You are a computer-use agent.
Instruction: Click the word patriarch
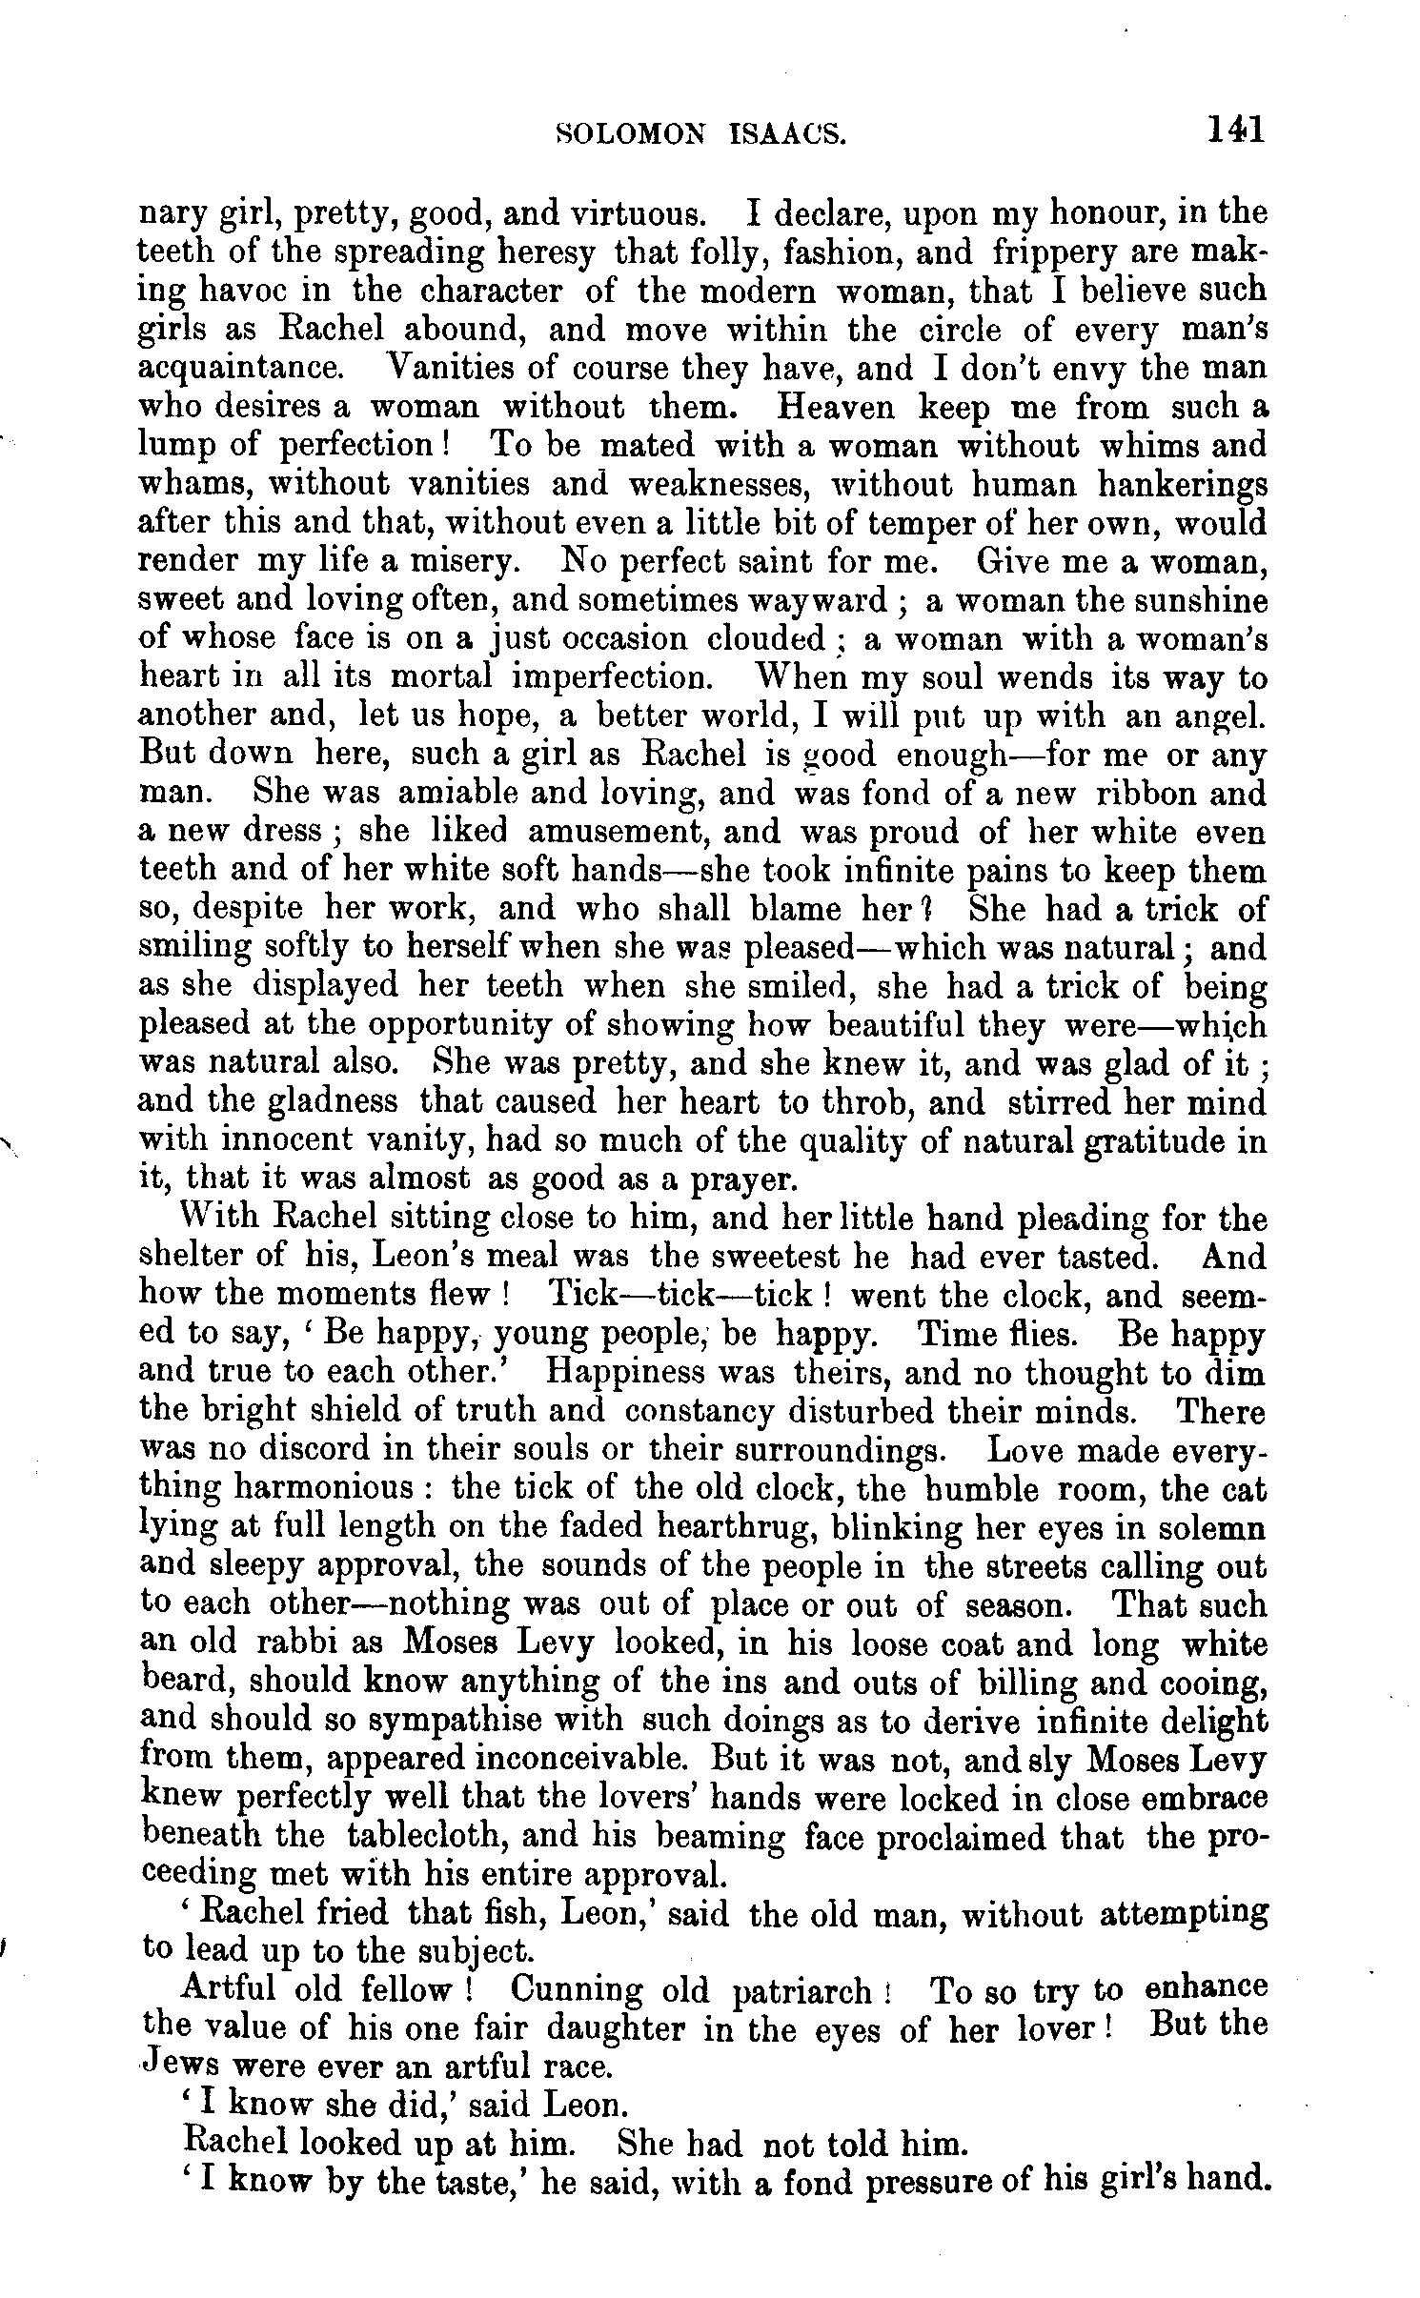click(807, 1992)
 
